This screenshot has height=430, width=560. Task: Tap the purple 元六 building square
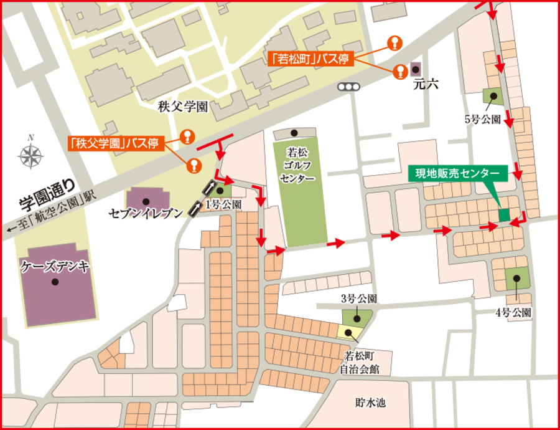[416, 68]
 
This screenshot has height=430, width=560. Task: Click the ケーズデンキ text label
[55, 266]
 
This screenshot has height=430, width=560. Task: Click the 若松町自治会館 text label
[359, 362]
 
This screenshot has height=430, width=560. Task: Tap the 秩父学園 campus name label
[182, 107]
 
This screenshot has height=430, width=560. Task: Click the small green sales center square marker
[504, 213]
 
